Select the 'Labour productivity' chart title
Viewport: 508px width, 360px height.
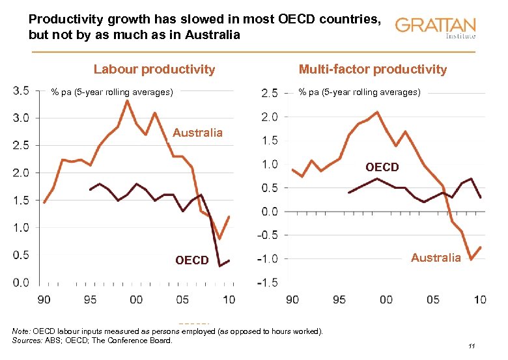coord(154,69)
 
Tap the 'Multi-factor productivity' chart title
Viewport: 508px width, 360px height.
coord(373,69)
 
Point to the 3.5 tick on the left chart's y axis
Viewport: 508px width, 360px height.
coord(20,90)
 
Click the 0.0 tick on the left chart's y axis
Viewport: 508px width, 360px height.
coord(20,283)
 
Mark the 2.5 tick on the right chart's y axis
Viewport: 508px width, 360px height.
coord(269,93)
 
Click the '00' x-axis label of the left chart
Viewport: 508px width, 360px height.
coord(136,299)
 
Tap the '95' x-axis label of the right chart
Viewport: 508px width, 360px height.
coord(339,299)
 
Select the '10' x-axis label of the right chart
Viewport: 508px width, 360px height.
coord(479,299)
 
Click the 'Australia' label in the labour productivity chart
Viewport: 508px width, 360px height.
coord(197,133)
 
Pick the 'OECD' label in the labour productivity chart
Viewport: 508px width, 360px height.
coord(191,260)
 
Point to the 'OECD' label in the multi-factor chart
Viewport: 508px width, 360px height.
coord(382,167)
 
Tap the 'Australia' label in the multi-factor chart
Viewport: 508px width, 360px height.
coord(436,258)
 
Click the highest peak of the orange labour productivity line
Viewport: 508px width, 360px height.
coord(128,100)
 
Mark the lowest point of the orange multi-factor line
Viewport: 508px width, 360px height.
coord(470,259)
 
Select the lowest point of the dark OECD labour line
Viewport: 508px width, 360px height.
coord(220,266)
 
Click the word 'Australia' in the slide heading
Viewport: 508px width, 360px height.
coord(208,34)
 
